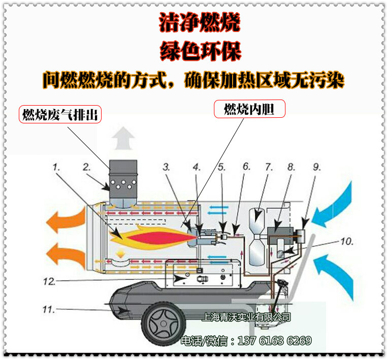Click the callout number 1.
[x=56, y=166]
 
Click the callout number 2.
[x=87, y=166]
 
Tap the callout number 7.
[x=269, y=166]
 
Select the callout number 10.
[x=346, y=242]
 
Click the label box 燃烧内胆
[x=249, y=109]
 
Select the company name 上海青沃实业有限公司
[x=246, y=317]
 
